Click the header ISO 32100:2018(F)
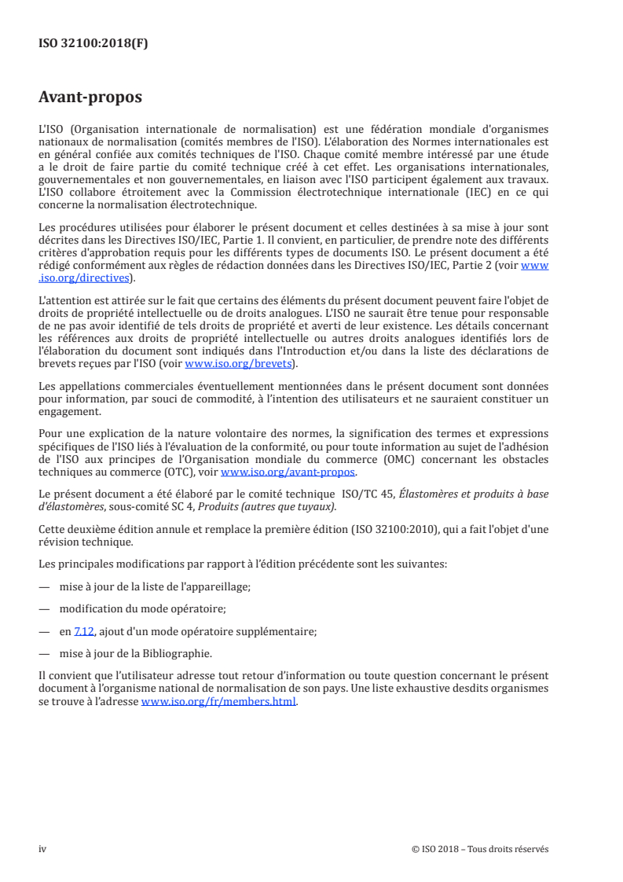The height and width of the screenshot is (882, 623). click(93, 44)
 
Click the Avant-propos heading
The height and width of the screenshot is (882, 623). click(90, 98)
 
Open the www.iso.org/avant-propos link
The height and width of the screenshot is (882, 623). click(288, 473)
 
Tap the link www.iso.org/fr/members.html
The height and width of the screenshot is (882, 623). click(218, 703)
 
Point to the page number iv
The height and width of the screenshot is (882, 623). click(42, 848)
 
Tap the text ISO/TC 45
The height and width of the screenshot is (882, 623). click(367, 493)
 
